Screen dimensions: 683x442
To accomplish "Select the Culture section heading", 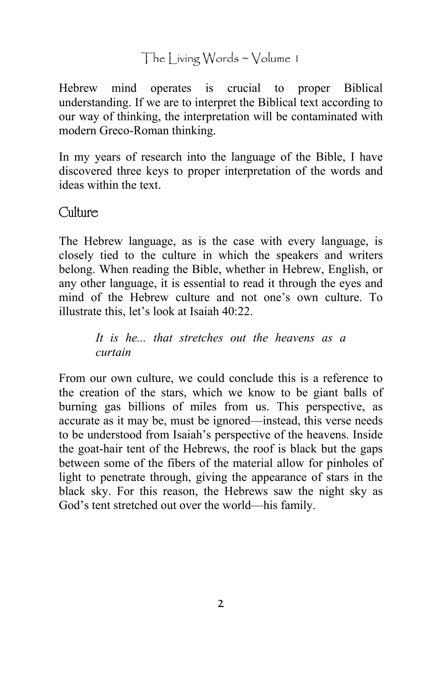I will point(78,213).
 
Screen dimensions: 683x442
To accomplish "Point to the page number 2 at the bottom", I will point(221,604).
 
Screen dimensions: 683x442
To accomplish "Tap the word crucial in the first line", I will point(244,88).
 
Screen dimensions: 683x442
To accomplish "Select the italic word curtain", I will point(113,352).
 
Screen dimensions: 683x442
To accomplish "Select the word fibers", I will point(183,463).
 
